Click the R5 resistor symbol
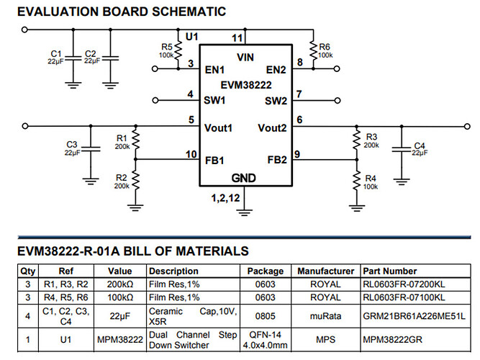[177, 50]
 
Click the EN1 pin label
[214, 70]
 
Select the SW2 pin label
[276, 100]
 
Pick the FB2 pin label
[277, 160]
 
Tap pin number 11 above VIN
[237, 37]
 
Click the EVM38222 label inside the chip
[245, 84]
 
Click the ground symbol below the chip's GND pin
[245, 211]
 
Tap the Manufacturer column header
[325, 271]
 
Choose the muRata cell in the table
[325, 315]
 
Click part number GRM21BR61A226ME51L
[413, 315]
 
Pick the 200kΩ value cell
[120, 284]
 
